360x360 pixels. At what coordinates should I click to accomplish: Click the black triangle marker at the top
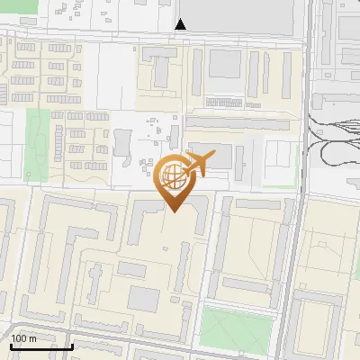click(181, 24)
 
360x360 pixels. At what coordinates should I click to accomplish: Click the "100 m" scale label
click(24, 338)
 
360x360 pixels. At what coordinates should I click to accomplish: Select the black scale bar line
click(41, 346)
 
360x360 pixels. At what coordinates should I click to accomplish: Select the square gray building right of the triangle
click(225, 63)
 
